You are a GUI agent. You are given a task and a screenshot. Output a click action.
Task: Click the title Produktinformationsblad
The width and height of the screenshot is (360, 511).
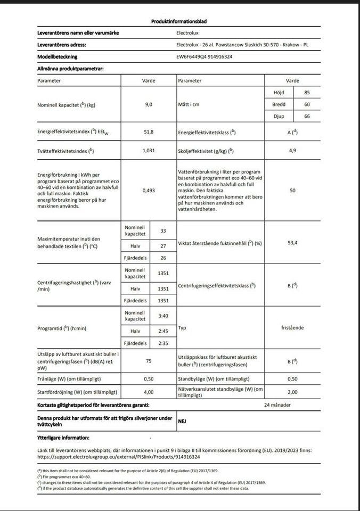(179, 22)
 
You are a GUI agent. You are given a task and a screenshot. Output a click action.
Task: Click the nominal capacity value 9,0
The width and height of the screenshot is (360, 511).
(149, 104)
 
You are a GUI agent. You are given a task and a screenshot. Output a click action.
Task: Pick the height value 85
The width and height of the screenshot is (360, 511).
(307, 93)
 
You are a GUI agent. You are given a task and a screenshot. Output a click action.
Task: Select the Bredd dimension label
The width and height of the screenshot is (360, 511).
(279, 104)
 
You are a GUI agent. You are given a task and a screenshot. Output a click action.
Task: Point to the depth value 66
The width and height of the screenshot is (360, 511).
(307, 116)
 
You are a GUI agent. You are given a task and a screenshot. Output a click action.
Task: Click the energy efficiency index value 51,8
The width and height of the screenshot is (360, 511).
(149, 132)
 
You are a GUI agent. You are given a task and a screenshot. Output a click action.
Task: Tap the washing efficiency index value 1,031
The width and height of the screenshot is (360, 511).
(149, 151)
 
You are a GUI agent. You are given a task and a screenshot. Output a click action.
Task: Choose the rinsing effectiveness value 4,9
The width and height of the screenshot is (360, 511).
(292, 151)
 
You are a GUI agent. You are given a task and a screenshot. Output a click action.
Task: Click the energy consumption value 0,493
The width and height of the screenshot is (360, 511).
(149, 190)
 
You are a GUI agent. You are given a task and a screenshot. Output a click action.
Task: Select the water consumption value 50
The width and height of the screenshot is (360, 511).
(292, 190)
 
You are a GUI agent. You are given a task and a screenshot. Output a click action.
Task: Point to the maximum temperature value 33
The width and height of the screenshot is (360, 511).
(163, 230)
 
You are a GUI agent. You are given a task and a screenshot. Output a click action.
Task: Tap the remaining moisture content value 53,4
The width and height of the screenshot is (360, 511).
(292, 243)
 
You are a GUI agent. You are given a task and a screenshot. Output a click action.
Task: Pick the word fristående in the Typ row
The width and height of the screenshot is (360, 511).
(292, 328)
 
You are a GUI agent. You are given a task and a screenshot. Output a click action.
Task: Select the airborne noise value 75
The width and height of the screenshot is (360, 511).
(149, 361)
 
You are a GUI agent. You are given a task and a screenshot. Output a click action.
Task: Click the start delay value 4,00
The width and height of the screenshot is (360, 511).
(149, 392)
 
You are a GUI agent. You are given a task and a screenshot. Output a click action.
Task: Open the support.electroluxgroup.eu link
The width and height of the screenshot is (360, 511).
(118, 457)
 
